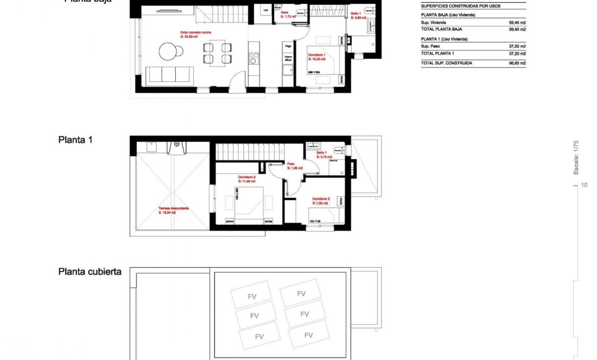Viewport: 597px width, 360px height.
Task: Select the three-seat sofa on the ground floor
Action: point(170,75)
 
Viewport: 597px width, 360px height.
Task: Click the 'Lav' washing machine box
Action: point(265,10)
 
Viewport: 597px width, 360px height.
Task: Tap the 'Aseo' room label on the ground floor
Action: point(284,12)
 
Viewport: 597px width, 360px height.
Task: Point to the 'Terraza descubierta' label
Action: point(174,209)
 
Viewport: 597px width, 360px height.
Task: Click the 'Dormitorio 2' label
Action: point(247,177)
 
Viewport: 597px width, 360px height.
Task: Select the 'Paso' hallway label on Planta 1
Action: point(291,164)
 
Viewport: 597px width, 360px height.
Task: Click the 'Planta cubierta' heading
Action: point(90,271)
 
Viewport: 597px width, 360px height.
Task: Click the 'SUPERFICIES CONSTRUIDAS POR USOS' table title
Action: point(461,6)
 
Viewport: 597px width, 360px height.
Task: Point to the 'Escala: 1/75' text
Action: point(576,157)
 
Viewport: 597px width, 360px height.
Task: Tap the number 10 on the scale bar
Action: point(584,185)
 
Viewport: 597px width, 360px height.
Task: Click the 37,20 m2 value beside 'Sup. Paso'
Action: point(517,46)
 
